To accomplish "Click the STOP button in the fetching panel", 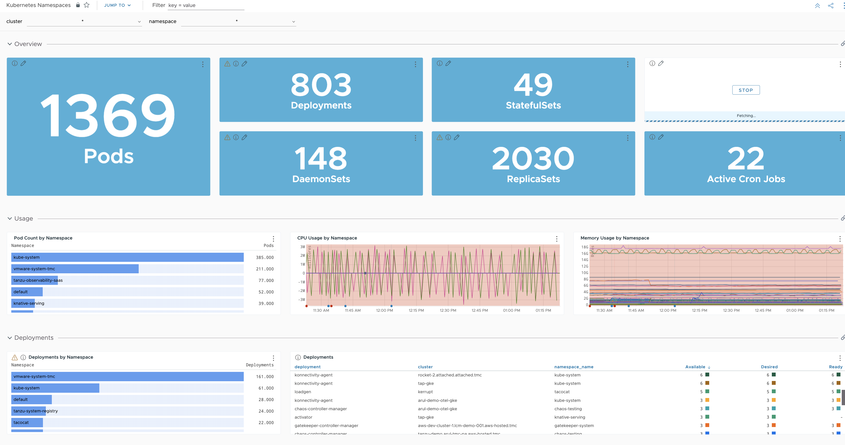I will click(x=746, y=90).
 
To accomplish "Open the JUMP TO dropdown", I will click(x=117, y=5).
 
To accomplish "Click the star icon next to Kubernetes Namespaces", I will click(x=87, y=5).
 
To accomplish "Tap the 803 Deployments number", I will click(x=321, y=85).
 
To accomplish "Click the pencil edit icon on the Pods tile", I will click(x=23, y=63).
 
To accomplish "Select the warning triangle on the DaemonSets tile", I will click(x=227, y=137).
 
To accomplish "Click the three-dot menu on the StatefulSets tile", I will click(x=628, y=64).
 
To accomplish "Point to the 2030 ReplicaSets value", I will click(x=533, y=159).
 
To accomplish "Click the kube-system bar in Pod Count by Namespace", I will click(x=127, y=257).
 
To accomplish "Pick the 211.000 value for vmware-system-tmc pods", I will click(x=264, y=269).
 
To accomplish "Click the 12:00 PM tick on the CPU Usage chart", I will click(x=384, y=310).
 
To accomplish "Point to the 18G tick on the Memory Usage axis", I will click(x=584, y=247).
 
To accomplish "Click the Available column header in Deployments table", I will click(x=695, y=367).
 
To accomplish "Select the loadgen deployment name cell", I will click(x=303, y=392).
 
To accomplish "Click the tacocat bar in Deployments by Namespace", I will click(x=27, y=422).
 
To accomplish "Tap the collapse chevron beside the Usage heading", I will click(x=10, y=218).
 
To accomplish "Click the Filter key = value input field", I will click(x=206, y=5).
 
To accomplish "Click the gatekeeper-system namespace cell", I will click(x=574, y=425).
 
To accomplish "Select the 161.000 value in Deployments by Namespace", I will click(x=264, y=376).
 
